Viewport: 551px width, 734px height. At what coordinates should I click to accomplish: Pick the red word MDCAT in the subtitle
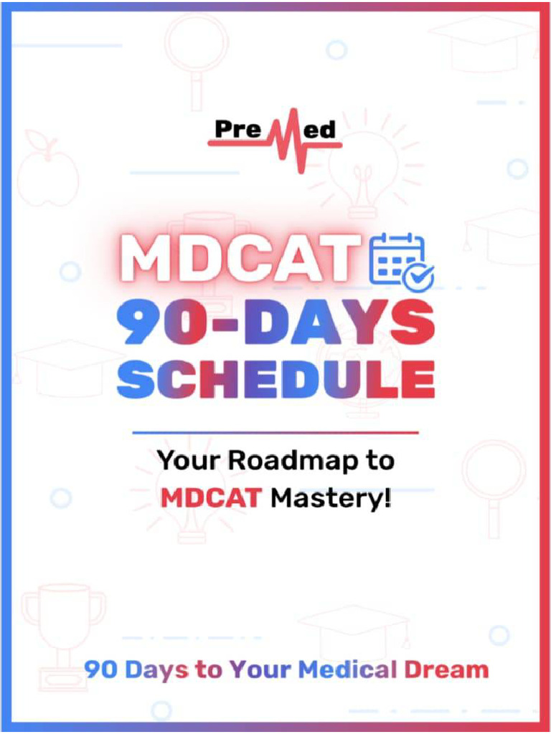[210, 496]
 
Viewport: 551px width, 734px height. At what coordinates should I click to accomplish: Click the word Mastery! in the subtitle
[331, 496]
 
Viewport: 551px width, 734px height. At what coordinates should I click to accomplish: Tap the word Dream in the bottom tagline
[446, 670]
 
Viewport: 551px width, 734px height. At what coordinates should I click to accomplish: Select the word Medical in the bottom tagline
[347, 670]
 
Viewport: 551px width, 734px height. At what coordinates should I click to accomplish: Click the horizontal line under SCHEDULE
[276, 432]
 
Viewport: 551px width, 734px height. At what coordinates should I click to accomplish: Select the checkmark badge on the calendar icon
[418, 277]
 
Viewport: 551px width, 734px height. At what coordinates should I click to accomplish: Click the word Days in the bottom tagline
[156, 670]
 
